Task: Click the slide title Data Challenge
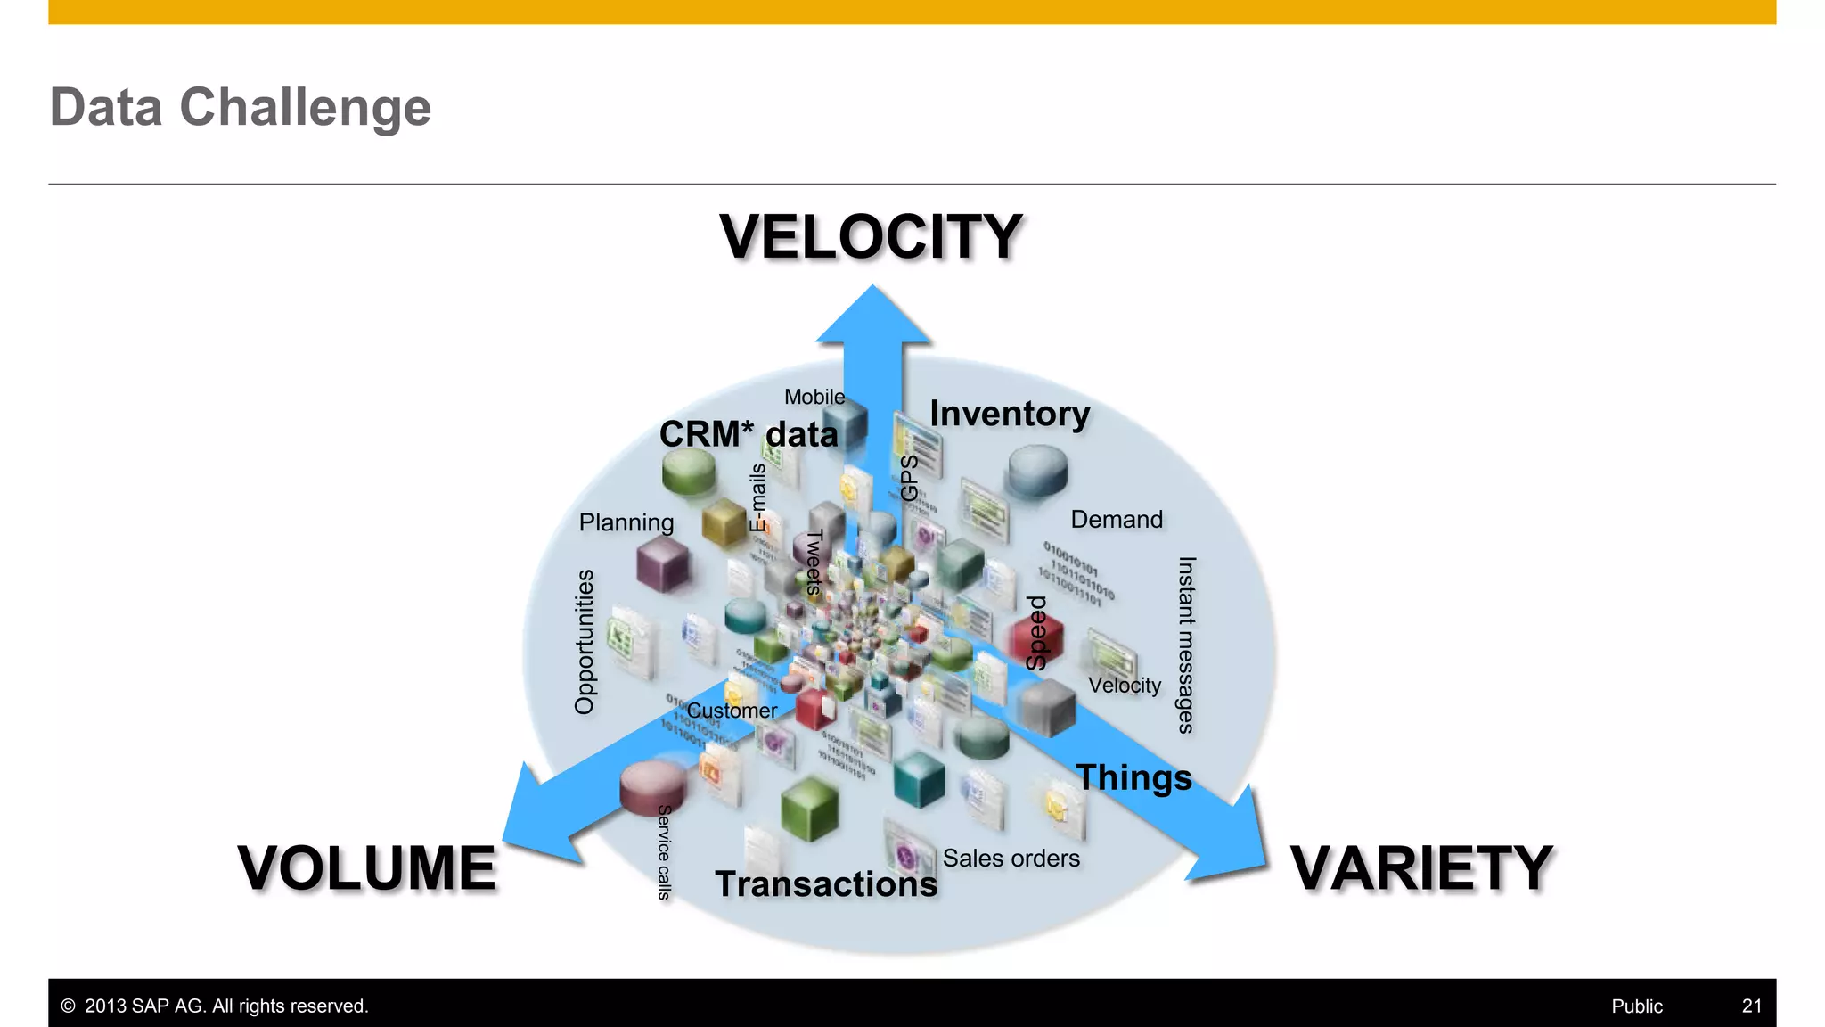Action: pos(241,108)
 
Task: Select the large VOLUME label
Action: pos(366,868)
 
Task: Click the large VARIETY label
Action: pos(1421,868)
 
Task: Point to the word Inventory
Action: pos(1010,414)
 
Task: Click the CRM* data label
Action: pos(749,434)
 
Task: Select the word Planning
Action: pos(626,522)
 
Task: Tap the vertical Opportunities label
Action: pos(585,642)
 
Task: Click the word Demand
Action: pos(1117,520)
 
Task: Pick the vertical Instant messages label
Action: pos(1186,645)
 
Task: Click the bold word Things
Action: pos(1133,777)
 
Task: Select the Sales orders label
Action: pos(1011,859)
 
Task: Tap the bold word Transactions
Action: pos(826,884)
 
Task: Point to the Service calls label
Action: pos(664,851)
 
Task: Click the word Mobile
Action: pos(814,397)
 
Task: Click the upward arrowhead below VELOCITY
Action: pos(873,317)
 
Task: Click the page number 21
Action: pos(1751,1006)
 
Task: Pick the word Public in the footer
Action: pos(1636,1006)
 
